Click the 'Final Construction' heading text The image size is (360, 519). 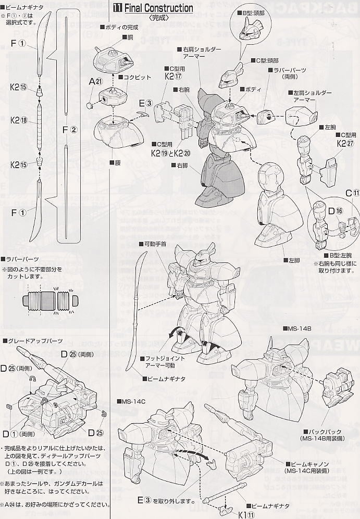(158, 9)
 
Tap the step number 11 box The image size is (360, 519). (118, 9)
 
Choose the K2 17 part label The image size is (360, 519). (172, 76)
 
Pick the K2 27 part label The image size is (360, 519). (345, 143)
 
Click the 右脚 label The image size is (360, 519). (179, 165)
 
